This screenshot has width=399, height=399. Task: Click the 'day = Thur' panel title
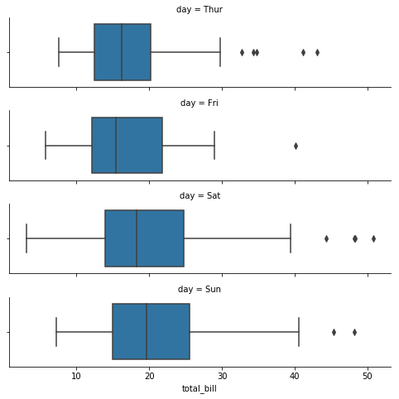[199, 9]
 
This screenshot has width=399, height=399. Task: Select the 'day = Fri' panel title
[199, 103]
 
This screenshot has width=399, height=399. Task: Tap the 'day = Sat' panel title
[199, 196]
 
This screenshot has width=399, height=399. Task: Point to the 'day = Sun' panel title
[199, 289]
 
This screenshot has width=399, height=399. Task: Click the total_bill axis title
[199, 389]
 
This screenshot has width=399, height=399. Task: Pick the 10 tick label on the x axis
[76, 376]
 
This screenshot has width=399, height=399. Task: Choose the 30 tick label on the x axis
[222, 376]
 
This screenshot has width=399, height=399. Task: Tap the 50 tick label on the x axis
[368, 376]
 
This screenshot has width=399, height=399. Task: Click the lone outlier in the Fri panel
[296, 146]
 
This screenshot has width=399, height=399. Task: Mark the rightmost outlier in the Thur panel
[317, 52]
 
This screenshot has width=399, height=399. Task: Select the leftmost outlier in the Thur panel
[242, 52]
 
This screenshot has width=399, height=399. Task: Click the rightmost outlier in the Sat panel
[373, 238]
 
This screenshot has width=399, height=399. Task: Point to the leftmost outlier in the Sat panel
[326, 238]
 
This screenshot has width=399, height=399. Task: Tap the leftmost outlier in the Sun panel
[334, 332]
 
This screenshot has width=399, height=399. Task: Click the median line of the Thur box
[122, 52]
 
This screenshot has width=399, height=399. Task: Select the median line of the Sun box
[147, 331]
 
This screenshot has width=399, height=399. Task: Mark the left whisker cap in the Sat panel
[26, 238]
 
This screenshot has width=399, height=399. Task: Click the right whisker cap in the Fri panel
[214, 145]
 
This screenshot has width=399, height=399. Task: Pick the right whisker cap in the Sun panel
[299, 332]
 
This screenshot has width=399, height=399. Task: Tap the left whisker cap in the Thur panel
[59, 52]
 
